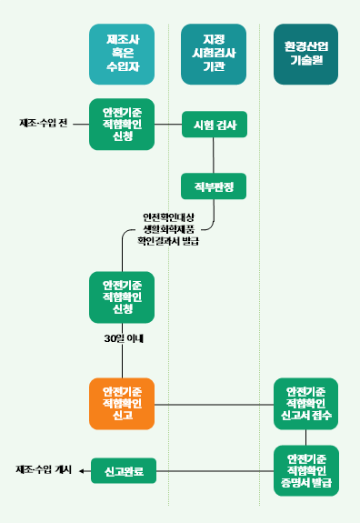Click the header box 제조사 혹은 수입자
[122, 54]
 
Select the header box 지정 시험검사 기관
[215, 54]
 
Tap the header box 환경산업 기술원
[305, 54]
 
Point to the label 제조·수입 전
[43, 123]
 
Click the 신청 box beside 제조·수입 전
[122, 124]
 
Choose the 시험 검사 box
[215, 125]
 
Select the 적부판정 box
[215, 186]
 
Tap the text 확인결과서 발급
[168, 241]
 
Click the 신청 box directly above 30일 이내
[122, 297]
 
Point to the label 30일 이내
[124, 338]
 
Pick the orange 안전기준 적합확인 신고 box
[122, 403]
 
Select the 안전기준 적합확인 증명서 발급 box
[305, 470]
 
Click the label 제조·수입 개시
[44, 470]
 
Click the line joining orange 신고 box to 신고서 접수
[215, 403]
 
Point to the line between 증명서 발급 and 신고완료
[215, 470]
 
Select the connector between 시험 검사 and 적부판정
[215, 156]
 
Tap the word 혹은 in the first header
[122, 54]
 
